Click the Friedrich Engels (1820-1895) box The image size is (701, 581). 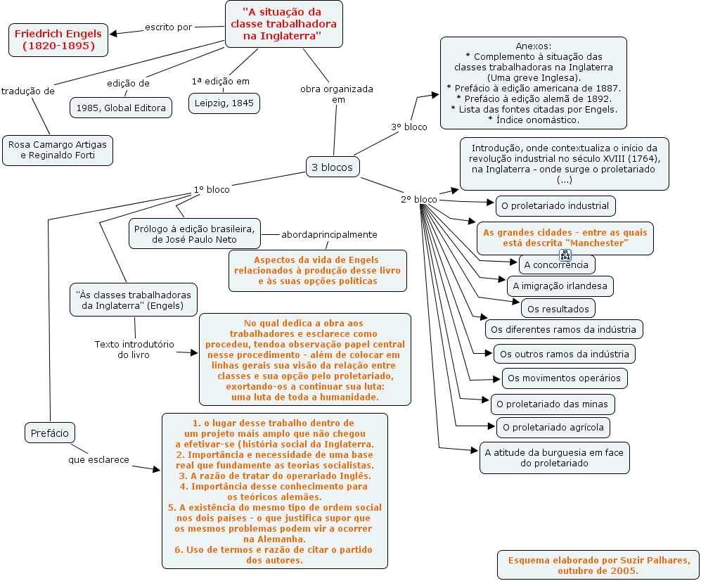tap(58, 40)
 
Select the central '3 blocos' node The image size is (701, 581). tap(332, 167)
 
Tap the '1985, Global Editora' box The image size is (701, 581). tap(121, 108)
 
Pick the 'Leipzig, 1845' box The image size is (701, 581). tap(224, 103)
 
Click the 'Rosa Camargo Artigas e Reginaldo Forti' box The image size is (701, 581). tap(58, 150)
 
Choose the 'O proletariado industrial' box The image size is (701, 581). tap(555, 206)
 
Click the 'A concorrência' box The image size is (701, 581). tap(556, 265)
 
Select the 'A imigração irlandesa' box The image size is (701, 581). tap(560, 286)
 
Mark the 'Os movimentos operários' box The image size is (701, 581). tap(564, 378)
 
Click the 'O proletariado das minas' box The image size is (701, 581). tap(553, 404)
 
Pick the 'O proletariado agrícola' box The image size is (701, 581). tap(553, 427)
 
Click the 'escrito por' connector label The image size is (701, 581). tap(168, 27)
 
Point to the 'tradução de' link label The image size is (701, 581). tap(28, 91)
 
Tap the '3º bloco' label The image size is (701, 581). tap(409, 127)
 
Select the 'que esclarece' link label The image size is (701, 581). tap(98, 460)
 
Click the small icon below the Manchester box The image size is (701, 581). tap(564, 255)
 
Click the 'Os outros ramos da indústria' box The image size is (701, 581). tap(564, 352)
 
